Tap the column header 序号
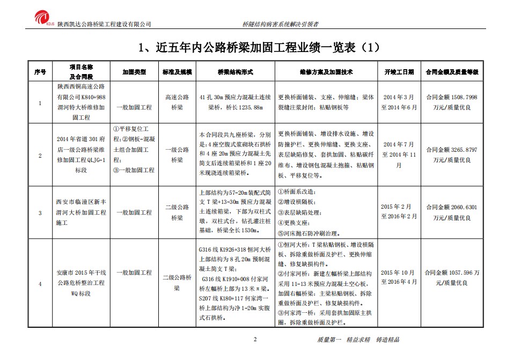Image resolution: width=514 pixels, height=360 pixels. point(40,71)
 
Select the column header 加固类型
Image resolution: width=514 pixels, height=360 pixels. point(134,71)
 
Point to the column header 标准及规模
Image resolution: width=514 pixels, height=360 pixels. point(177,71)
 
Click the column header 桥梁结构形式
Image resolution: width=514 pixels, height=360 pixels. point(235,71)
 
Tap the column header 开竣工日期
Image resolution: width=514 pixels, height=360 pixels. point(399,71)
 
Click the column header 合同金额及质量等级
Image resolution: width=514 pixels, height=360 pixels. point(451,71)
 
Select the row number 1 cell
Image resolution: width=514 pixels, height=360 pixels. point(40,102)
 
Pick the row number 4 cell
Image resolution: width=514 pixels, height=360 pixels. point(40,283)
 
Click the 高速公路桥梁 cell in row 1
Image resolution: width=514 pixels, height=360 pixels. point(177,102)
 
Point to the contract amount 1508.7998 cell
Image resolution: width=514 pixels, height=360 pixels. point(451,102)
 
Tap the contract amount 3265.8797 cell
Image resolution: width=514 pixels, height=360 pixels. point(451,155)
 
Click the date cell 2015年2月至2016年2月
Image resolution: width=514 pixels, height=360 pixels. point(399,212)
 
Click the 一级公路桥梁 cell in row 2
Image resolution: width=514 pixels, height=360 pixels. point(177,155)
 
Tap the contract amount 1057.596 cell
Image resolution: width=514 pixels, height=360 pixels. point(451,277)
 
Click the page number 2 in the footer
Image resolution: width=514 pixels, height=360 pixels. point(255,340)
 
